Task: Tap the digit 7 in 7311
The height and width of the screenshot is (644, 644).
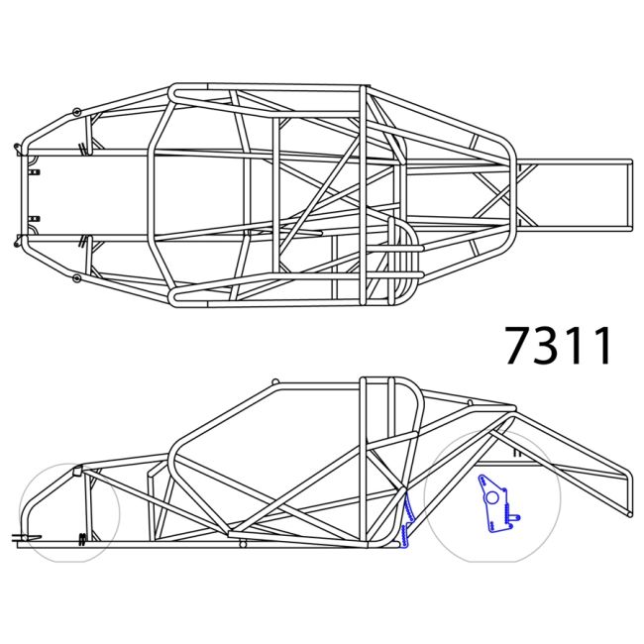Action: [522, 345]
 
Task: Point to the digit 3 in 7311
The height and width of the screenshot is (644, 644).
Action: [555, 345]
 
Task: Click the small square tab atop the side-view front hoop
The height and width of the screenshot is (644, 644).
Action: [78, 470]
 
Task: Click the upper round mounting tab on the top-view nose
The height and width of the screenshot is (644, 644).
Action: [76, 110]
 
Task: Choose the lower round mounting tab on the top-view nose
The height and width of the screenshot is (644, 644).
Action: [76, 278]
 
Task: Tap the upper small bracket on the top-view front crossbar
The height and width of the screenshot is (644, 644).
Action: [36, 171]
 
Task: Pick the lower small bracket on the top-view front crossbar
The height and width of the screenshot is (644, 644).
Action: [36, 218]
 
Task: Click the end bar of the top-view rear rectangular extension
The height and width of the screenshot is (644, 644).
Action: [629, 194]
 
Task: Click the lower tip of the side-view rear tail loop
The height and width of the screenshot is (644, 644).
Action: [626, 512]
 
